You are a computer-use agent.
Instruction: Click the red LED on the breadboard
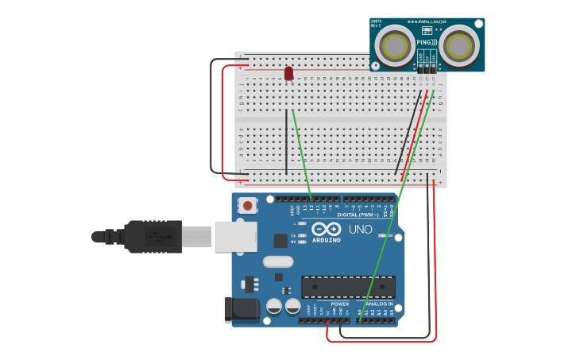[x=288, y=73]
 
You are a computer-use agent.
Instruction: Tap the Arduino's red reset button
[x=248, y=206]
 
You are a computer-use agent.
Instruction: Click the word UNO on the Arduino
[x=361, y=229]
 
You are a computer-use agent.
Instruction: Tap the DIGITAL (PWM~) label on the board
[x=358, y=215]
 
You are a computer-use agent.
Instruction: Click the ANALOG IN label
[x=378, y=304]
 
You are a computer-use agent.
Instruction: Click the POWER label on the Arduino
[x=339, y=304]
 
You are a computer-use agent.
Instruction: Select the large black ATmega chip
[x=348, y=287]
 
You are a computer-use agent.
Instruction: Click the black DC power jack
[x=242, y=309]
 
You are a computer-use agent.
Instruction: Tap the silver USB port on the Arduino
[x=236, y=236]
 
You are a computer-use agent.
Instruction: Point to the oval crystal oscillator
[x=277, y=261]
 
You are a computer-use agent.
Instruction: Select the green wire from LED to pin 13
[x=301, y=155]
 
